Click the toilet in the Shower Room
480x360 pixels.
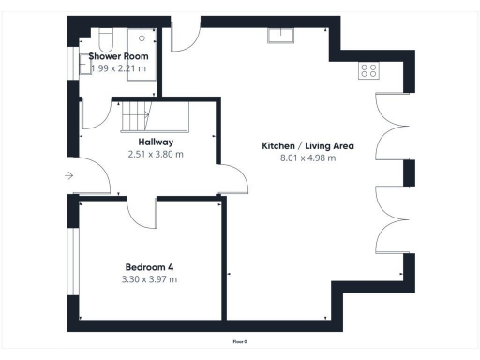click(x=104, y=38)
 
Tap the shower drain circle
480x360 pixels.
click(x=142, y=38)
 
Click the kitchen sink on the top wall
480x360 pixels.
click(x=281, y=36)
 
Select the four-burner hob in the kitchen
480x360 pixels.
click(x=368, y=70)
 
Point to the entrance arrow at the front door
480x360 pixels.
click(x=69, y=175)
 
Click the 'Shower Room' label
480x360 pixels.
click(x=118, y=56)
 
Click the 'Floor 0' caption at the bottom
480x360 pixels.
click(x=240, y=341)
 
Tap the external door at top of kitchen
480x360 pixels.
click(x=185, y=37)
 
